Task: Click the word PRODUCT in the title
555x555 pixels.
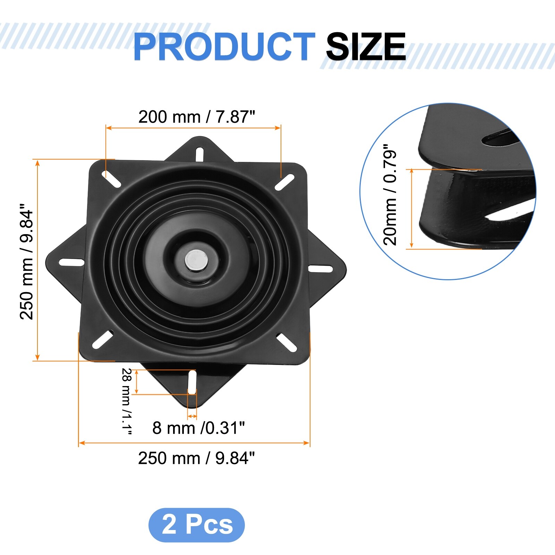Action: pos(224,46)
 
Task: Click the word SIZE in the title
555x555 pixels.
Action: pos(366,46)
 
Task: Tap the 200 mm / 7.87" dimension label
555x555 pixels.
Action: pos(197,117)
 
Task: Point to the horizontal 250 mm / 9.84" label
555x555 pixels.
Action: pos(196,458)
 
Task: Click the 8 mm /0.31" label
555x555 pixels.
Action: pos(199,428)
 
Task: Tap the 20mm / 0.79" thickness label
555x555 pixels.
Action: pos(390,195)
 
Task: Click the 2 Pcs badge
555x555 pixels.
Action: pos(197,525)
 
